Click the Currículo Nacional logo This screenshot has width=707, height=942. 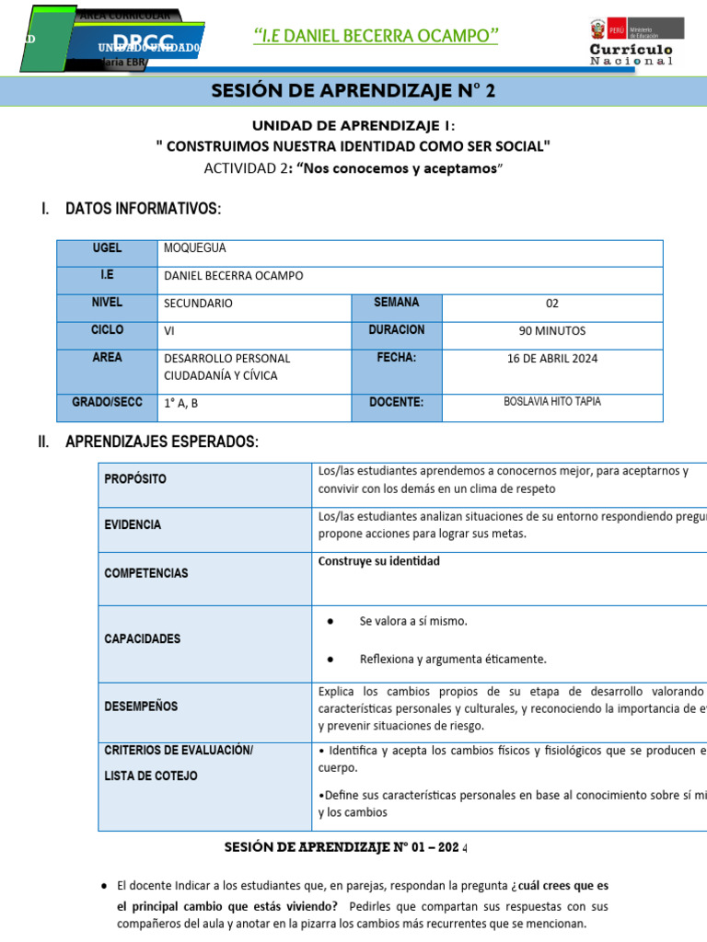632,42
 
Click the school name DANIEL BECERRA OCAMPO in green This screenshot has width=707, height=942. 376,36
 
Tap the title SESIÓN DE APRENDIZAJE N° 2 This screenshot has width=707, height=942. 353,91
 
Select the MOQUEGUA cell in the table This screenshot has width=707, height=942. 194,248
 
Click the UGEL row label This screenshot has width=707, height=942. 107,248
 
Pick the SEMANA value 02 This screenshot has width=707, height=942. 551,303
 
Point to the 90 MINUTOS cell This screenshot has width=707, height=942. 551,330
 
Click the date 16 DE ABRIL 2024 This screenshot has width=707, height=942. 551,358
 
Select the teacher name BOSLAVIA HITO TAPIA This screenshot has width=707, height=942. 552,402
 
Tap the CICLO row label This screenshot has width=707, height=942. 107,329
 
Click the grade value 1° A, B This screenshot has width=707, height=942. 181,403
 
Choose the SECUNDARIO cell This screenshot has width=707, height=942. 198,303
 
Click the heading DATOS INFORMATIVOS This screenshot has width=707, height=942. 143,209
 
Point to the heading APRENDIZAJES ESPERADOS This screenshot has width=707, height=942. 162,442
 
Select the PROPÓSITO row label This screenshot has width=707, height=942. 135,479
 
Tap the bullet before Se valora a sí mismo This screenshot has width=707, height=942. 330,621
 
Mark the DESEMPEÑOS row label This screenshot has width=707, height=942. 141,706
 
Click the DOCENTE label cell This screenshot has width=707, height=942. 396,402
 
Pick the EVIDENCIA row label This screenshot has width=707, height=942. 133,524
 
